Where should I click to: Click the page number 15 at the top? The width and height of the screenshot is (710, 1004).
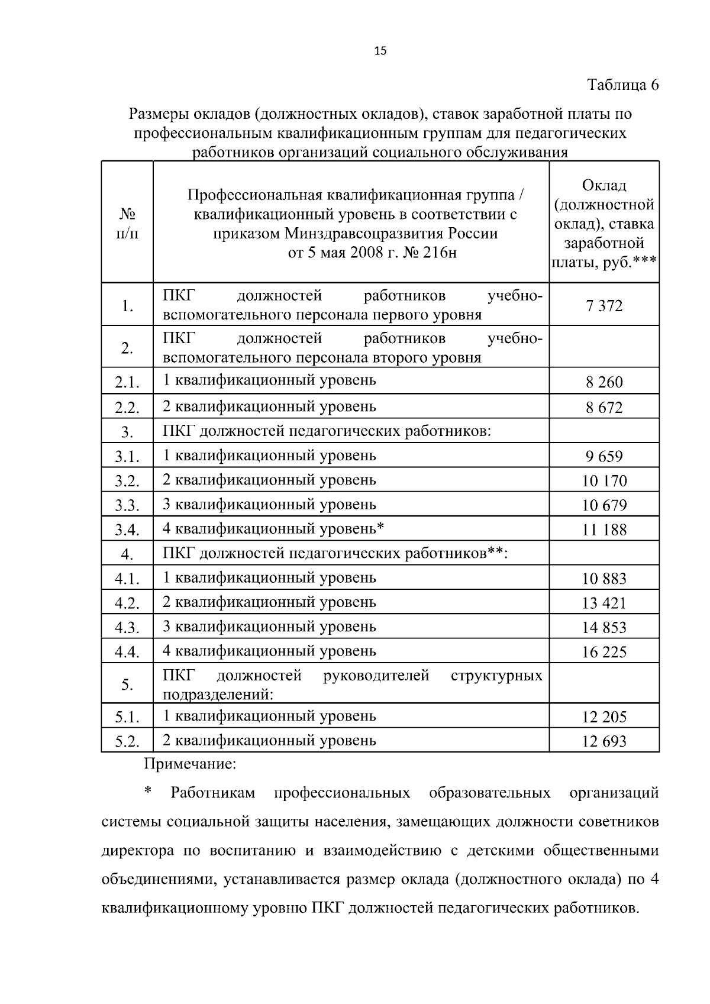380,51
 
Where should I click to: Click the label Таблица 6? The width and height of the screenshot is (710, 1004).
623,85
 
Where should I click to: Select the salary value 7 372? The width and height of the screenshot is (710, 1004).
604,306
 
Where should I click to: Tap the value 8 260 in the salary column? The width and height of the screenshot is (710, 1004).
604,382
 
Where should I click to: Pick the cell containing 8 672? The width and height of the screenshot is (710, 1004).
604,408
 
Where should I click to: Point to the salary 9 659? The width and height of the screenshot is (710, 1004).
604,456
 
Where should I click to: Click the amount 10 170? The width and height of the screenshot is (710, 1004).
604,481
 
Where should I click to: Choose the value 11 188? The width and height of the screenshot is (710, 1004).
604,530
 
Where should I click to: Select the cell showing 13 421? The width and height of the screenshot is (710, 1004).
604,603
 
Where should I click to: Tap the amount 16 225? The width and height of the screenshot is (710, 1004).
604,652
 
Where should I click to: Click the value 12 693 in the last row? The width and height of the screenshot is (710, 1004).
604,741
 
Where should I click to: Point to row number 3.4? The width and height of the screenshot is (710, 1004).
127,530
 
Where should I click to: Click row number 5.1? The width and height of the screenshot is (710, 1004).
127,718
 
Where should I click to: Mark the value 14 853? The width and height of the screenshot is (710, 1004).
604,628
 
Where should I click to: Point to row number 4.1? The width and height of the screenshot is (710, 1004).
127,579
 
